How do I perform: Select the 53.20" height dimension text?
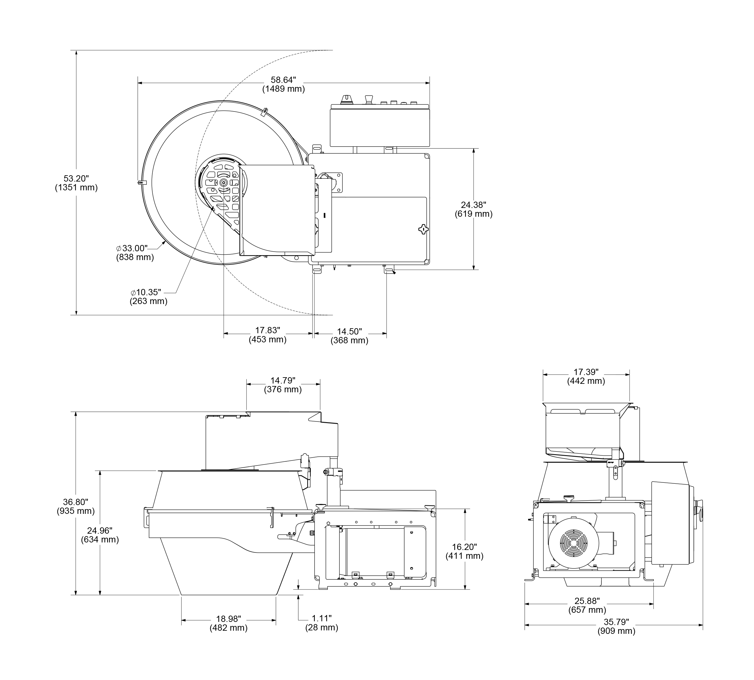(x=76, y=179)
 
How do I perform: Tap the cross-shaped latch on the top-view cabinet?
(x=423, y=229)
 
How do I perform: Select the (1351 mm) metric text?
(x=76, y=188)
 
